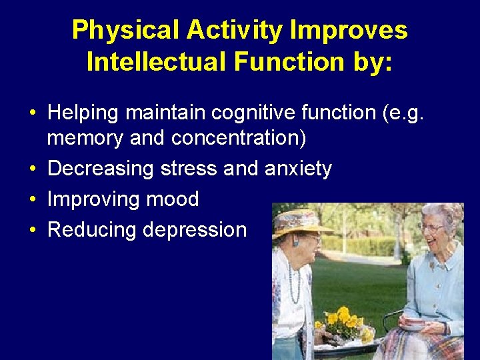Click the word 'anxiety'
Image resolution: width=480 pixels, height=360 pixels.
(298, 169)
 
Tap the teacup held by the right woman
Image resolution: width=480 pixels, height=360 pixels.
(415, 324)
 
